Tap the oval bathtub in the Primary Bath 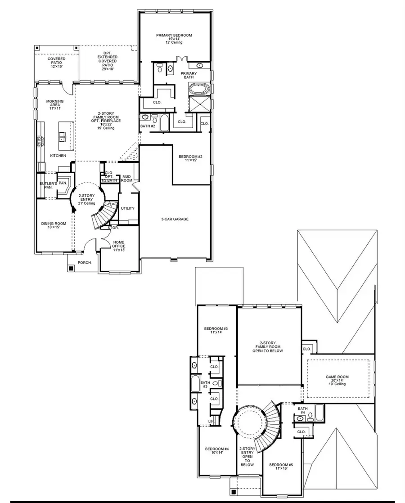click(198, 89)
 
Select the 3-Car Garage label click(175, 219)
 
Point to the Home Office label click(119, 244)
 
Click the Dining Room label click(54, 225)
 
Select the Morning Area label click(54, 105)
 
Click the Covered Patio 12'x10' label click(57, 63)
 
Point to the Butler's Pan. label click(48, 185)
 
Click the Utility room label click(127, 208)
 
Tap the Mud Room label click(127, 179)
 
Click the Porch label click(84, 263)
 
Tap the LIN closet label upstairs click(210, 421)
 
